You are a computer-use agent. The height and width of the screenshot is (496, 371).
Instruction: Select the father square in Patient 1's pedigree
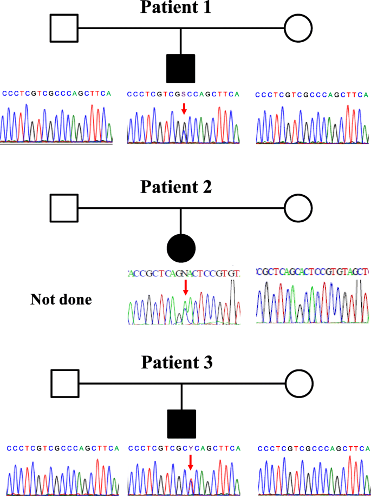[64, 29]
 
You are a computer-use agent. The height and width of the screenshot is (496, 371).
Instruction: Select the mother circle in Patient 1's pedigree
[298, 29]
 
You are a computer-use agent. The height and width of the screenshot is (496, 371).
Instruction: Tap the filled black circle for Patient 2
[181, 249]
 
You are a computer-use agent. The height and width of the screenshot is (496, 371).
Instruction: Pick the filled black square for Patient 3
[181, 424]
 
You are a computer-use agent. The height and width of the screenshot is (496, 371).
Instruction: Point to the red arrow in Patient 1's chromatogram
[184, 109]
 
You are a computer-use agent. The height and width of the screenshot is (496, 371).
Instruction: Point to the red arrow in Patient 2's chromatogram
[186, 287]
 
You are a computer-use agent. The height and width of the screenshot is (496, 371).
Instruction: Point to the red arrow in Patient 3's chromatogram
[190, 461]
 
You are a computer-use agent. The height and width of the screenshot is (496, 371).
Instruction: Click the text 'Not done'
[61, 299]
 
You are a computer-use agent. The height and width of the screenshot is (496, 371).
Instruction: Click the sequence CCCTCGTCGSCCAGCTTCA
[183, 95]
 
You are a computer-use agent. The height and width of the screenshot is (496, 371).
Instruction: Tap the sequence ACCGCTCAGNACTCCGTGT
[184, 273]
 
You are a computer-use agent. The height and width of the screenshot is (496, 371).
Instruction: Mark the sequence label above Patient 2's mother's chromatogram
[313, 271]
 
